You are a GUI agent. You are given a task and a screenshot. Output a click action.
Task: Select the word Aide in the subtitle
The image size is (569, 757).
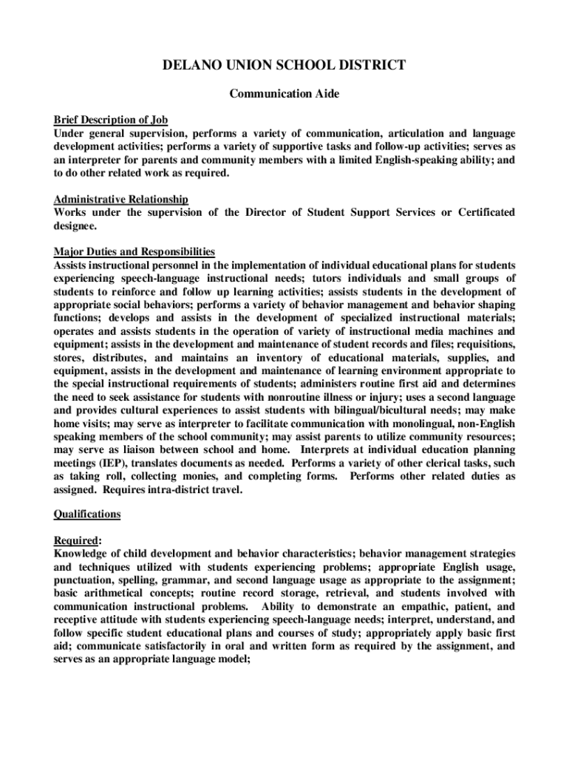(326, 94)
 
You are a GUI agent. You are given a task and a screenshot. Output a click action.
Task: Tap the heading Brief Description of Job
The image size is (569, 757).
(111, 120)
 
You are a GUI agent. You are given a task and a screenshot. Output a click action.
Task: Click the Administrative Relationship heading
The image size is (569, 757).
(121, 200)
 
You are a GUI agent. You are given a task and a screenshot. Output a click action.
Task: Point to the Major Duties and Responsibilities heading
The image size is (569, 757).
(134, 252)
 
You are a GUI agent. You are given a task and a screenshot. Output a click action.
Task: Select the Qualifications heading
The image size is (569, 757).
(87, 514)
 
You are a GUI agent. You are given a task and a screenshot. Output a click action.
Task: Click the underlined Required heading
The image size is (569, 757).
(78, 540)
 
